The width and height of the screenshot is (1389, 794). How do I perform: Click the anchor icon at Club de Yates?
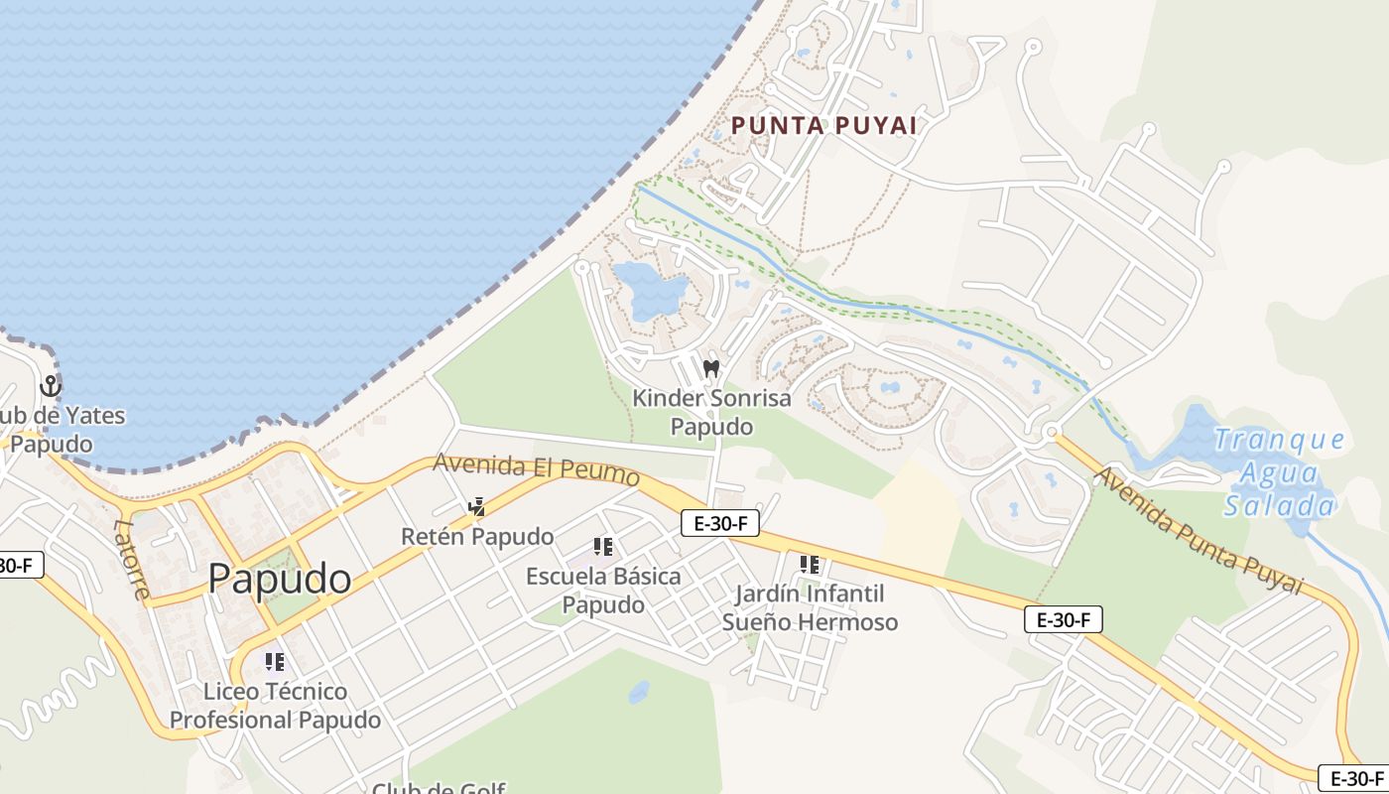[x=50, y=386]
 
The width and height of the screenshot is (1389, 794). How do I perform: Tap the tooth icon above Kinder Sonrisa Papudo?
[x=710, y=368]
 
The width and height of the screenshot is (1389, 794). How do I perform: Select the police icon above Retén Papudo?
[x=477, y=507]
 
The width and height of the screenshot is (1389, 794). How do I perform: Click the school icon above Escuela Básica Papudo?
[x=602, y=546]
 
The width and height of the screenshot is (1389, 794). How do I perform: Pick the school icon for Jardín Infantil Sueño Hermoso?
[x=810, y=565]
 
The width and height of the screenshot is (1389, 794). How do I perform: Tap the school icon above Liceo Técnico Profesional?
[x=274, y=661]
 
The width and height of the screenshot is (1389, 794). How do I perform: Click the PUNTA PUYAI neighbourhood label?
[x=823, y=126]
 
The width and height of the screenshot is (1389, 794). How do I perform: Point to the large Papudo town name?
[x=280, y=579]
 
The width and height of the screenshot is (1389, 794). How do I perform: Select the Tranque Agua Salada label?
[x=1280, y=472]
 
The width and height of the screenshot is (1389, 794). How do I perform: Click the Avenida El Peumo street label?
[x=536, y=468]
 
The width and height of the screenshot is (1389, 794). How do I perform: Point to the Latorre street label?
[x=131, y=561]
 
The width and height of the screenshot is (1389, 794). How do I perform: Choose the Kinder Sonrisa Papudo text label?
[x=711, y=413]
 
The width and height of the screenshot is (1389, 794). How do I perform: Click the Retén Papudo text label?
[x=477, y=537]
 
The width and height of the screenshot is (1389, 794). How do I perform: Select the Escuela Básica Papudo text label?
[x=603, y=591]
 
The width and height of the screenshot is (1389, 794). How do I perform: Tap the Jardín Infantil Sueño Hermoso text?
[x=810, y=608]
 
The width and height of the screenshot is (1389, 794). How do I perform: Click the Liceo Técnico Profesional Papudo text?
[x=275, y=706]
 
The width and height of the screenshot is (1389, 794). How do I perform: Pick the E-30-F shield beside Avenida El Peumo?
[x=720, y=523]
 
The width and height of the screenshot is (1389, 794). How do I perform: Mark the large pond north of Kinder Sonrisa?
[x=650, y=289]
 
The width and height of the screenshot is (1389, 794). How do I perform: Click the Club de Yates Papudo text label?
[x=60, y=429]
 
